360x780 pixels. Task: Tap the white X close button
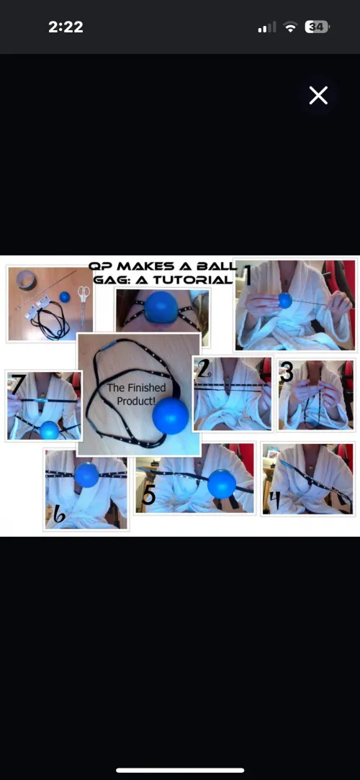pos(318,95)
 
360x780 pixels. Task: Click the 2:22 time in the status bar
pos(66,27)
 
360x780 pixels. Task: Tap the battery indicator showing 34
pos(316,27)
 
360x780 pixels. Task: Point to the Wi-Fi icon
pos(290,27)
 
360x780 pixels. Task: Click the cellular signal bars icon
pos(266,28)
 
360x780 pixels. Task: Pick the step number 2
pos(203,368)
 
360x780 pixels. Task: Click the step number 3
pos(287,373)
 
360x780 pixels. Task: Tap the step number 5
pos(148,495)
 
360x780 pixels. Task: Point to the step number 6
pos(59,514)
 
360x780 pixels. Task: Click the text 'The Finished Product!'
pos(136,394)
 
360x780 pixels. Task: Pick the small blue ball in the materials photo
pos(65,296)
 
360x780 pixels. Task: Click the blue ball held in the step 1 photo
pos(285,301)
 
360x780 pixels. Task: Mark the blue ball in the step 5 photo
pos(222,484)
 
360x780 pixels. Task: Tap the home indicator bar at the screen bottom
pos(180,770)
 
